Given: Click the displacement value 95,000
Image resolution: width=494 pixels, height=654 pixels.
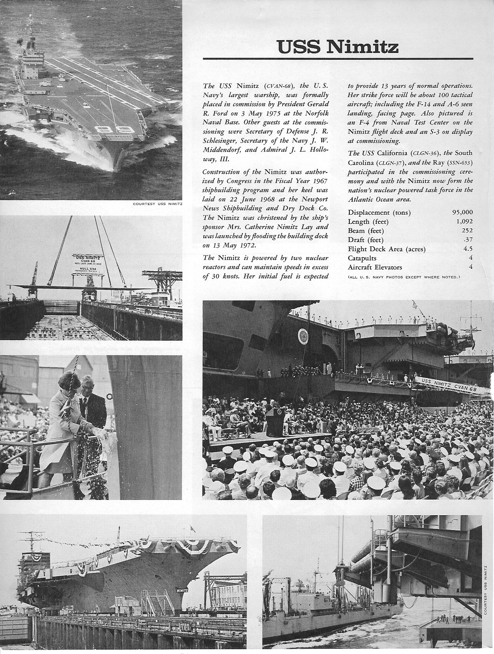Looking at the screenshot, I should [462, 212].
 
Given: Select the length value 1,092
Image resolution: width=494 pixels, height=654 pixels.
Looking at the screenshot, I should [464, 221].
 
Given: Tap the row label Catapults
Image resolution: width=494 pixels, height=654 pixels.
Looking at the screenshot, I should [362, 258].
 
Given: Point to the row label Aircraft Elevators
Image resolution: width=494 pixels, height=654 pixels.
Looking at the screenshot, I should [375, 268].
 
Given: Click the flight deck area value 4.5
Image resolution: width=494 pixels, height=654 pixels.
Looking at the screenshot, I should [468, 249].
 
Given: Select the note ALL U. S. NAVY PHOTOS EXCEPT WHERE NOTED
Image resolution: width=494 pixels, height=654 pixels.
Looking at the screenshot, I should [404, 277].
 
